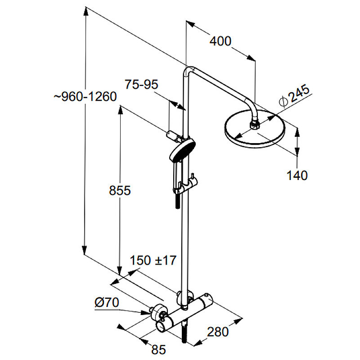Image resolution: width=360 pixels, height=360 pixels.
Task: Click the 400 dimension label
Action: (220, 41)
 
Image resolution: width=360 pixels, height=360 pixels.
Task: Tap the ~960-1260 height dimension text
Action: (85, 97)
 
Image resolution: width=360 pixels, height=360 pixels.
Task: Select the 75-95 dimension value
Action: (141, 85)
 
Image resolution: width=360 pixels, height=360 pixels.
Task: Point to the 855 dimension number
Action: (120, 190)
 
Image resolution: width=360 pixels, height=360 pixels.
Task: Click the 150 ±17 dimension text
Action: (153, 260)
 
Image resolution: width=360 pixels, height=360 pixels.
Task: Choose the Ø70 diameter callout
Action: (107, 302)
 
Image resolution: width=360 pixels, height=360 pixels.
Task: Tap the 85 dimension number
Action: (158, 350)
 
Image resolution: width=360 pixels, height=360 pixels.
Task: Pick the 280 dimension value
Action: (218, 332)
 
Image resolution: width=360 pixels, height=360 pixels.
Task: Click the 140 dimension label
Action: (297, 175)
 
